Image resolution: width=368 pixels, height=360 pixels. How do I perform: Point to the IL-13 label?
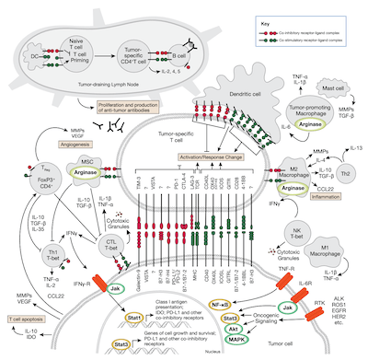coord(340,145)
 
